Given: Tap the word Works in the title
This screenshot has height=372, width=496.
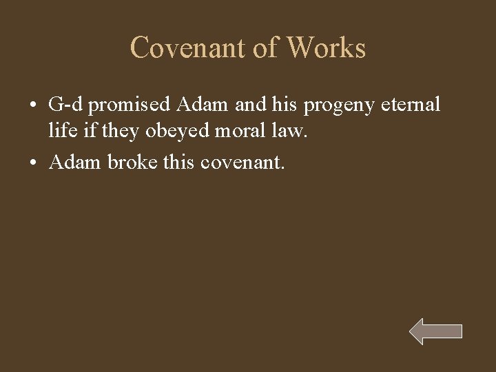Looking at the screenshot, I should (327, 48).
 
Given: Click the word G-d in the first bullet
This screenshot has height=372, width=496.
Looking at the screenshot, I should (67, 105).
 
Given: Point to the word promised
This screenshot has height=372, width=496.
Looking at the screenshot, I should (130, 105).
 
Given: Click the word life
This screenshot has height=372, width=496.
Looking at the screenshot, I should (60, 131).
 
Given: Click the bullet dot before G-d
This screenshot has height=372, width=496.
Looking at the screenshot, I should (32, 106).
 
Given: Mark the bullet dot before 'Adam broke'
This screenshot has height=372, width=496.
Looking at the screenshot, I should (32, 163).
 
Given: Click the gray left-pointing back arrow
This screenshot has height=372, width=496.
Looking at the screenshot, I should (435, 331).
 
